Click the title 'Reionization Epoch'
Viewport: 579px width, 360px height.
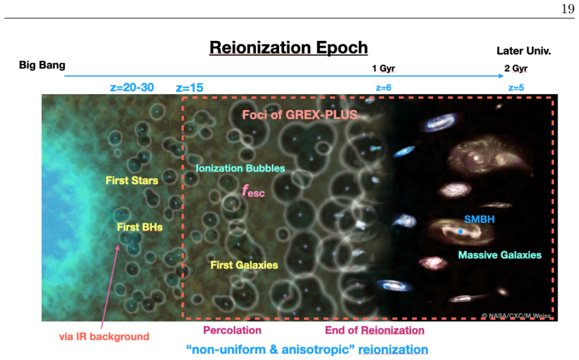(x=289, y=48)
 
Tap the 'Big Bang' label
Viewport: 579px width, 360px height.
(x=42, y=65)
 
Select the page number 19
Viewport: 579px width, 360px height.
(x=568, y=9)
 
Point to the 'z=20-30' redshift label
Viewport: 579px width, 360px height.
(x=132, y=87)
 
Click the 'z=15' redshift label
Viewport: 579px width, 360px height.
(x=189, y=88)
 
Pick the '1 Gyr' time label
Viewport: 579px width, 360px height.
(x=383, y=68)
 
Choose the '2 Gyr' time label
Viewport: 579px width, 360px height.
(x=516, y=68)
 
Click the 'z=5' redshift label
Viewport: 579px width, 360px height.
(x=516, y=88)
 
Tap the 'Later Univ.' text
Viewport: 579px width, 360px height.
(x=524, y=51)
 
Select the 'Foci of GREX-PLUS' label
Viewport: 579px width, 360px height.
(x=299, y=115)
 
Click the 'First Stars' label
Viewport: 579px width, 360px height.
(x=132, y=180)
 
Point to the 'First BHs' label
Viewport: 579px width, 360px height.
(x=140, y=227)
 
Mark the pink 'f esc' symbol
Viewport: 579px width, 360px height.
(x=253, y=191)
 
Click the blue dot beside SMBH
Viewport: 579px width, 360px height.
(x=460, y=232)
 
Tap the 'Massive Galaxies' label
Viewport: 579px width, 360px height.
(x=500, y=255)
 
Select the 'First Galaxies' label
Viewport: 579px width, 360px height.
(x=244, y=265)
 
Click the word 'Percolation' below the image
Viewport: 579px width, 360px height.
(x=232, y=330)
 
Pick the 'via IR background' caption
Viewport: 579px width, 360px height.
(x=104, y=336)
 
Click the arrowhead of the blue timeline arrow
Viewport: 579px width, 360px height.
(x=501, y=76)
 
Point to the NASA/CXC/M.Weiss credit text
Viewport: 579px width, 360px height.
(x=516, y=316)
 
